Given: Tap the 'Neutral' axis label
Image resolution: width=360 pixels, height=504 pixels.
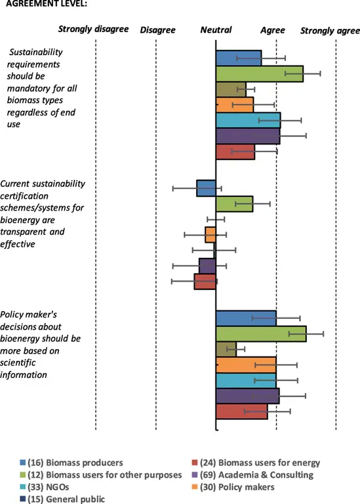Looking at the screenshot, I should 216,30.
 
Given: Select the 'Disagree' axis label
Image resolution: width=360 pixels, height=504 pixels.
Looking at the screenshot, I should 157,30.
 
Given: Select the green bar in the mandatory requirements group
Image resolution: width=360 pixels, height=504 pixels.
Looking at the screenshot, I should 259,73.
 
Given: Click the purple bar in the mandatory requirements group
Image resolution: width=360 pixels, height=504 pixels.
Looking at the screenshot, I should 247,136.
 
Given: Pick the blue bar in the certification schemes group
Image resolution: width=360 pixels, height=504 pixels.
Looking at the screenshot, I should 206,188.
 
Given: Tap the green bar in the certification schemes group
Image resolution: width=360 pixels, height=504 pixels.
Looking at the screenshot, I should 234,203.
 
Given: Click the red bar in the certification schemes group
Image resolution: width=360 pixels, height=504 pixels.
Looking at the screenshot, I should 205,282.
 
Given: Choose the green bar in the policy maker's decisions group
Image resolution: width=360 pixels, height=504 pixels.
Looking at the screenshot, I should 261,334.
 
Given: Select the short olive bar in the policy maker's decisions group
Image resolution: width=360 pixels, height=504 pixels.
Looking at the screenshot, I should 226,349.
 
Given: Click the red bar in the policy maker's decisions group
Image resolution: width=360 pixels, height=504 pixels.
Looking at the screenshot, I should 241,411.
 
